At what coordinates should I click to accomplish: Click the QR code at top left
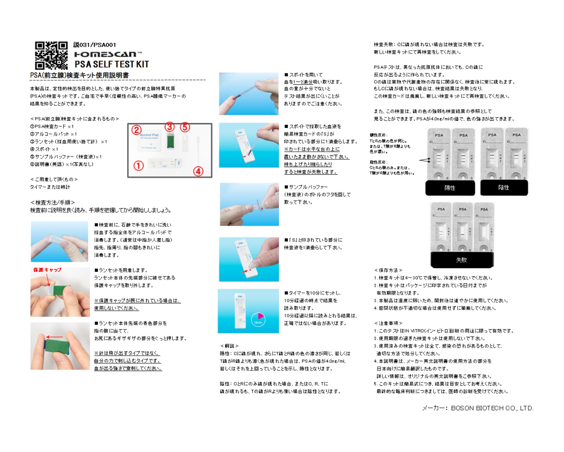pyautogui.click(x=51, y=56)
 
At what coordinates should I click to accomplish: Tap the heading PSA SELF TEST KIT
pyautogui.click(x=112, y=64)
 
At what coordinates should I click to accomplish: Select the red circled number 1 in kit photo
pyautogui.click(x=139, y=166)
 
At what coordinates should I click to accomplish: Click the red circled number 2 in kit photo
pyautogui.click(x=136, y=130)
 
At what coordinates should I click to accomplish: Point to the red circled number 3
pyautogui.click(x=170, y=127)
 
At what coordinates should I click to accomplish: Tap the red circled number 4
pyautogui.click(x=198, y=171)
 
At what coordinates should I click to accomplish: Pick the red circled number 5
pyautogui.click(x=185, y=127)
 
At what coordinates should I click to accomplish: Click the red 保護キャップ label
pyautogui.click(x=47, y=270)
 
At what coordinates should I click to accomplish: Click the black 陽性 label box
pyautogui.click(x=450, y=188)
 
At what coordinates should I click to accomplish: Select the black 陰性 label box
pyautogui.click(x=504, y=187)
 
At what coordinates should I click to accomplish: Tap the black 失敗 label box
pyautogui.click(x=461, y=260)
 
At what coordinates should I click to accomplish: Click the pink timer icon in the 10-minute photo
pyautogui.click(x=258, y=319)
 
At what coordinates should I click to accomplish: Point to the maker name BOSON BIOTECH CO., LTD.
pyautogui.click(x=478, y=408)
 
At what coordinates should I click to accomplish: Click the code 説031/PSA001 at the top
pyautogui.click(x=95, y=45)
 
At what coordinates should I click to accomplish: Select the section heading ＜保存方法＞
pyautogui.click(x=388, y=270)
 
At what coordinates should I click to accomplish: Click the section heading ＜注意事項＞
pyautogui.click(x=388, y=323)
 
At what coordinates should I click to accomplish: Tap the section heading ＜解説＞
pyautogui.click(x=229, y=346)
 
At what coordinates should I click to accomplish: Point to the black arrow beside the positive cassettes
pyautogui.click(x=425, y=160)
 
